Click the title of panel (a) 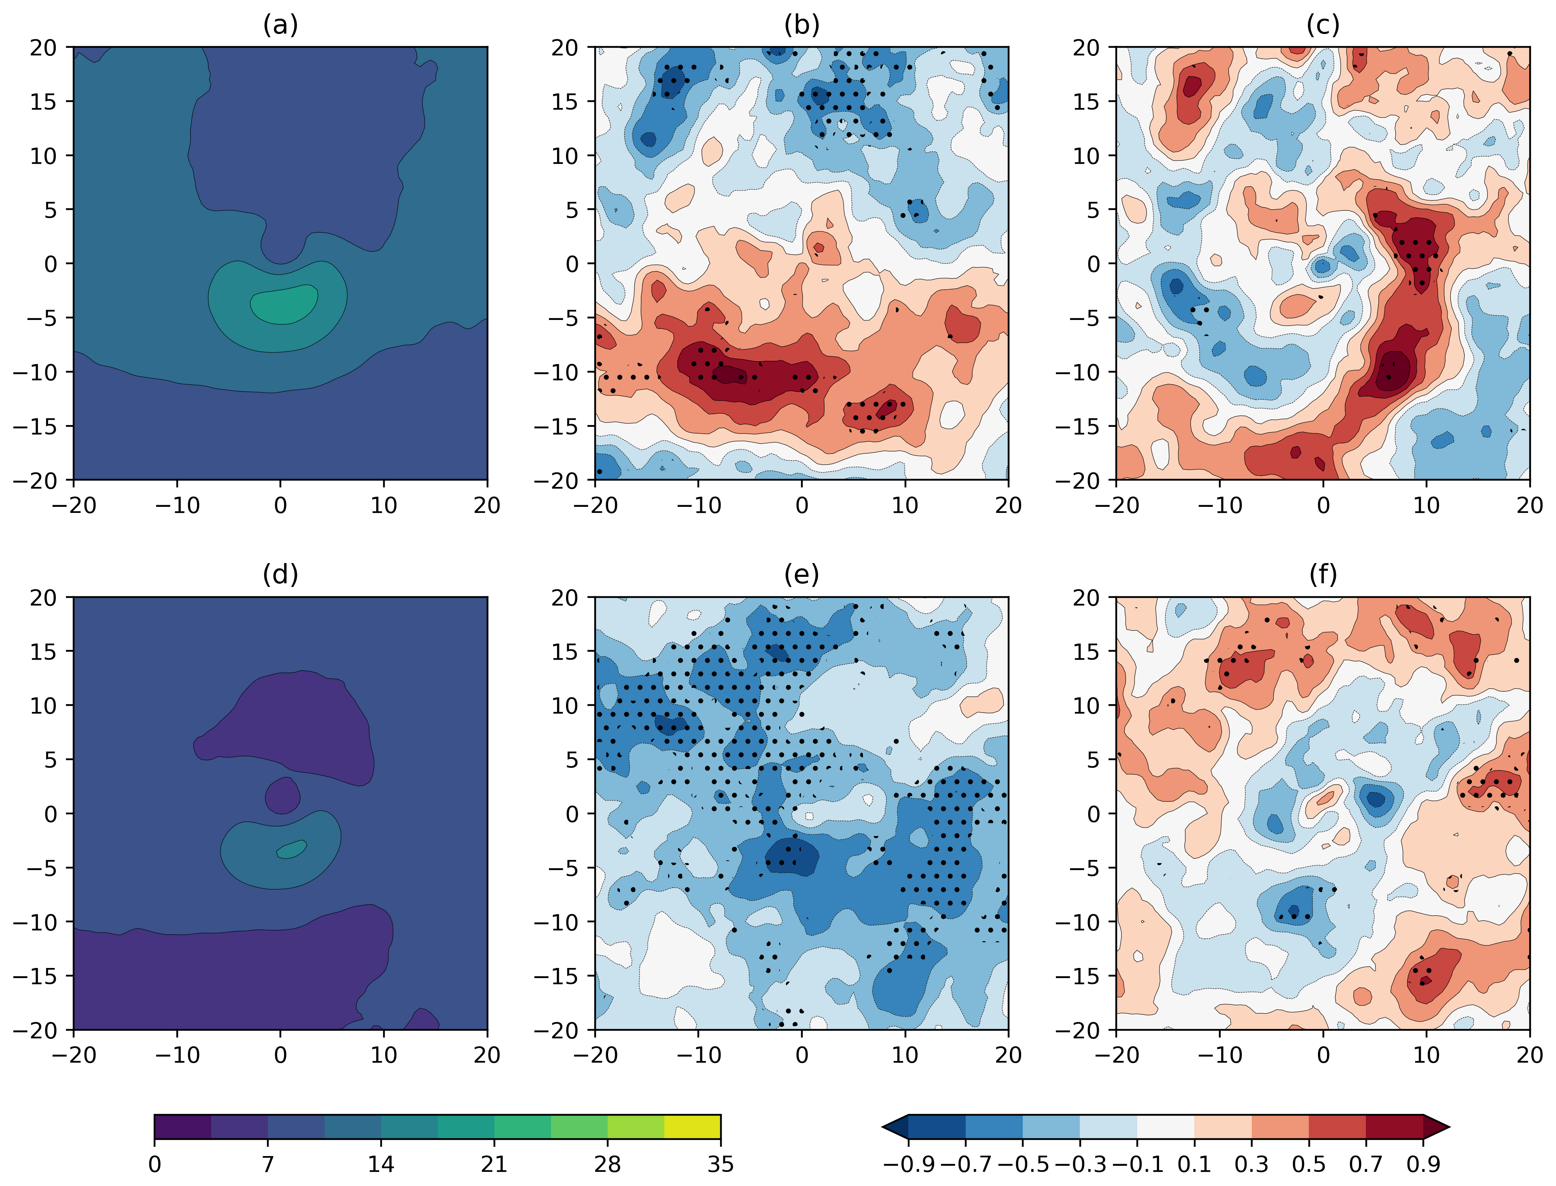[x=280, y=25]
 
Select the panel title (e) [x=801, y=575]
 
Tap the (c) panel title [x=1322, y=25]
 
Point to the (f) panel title [x=1322, y=575]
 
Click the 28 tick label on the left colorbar [x=607, y=1163]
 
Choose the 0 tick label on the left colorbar [x=155, y=1163]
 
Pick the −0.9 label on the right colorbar [x=909, y=1163]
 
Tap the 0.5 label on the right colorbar [x=1308, y=1163]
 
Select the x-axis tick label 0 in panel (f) [x=1323, y=1055]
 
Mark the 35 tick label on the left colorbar [x=720, y=1163]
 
